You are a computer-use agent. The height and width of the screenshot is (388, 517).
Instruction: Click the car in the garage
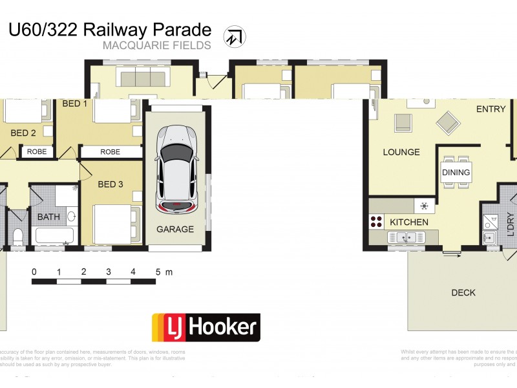coord(176,168)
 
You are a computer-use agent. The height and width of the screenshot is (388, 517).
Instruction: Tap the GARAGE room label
coord(175,229)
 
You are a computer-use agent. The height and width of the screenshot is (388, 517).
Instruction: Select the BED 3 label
coord(111,184)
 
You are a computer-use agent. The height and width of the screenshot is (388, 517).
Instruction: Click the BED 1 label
coord(74,103)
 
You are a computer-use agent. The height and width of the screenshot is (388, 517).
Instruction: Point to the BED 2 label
coord(23,133)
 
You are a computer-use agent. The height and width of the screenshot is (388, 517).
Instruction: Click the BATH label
coord(48,217)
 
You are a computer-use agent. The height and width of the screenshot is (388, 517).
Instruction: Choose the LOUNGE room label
coord(401,153)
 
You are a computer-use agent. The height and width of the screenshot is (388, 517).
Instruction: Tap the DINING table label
coord(456,173)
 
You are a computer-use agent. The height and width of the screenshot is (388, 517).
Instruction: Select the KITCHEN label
coord(409,222)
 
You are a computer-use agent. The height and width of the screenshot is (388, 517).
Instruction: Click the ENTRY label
coord(491,109)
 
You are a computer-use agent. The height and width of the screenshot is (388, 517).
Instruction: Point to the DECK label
coord(463,293)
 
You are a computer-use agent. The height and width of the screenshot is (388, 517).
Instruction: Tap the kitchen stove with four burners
coord(375,222)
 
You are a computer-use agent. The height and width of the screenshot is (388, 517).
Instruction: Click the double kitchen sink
coord(406,238)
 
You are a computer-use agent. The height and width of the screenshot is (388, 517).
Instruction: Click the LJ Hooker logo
coord(206,327)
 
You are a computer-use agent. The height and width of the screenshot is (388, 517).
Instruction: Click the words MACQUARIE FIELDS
coord(156,45)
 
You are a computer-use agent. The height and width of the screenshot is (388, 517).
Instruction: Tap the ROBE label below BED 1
coord(110,152)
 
